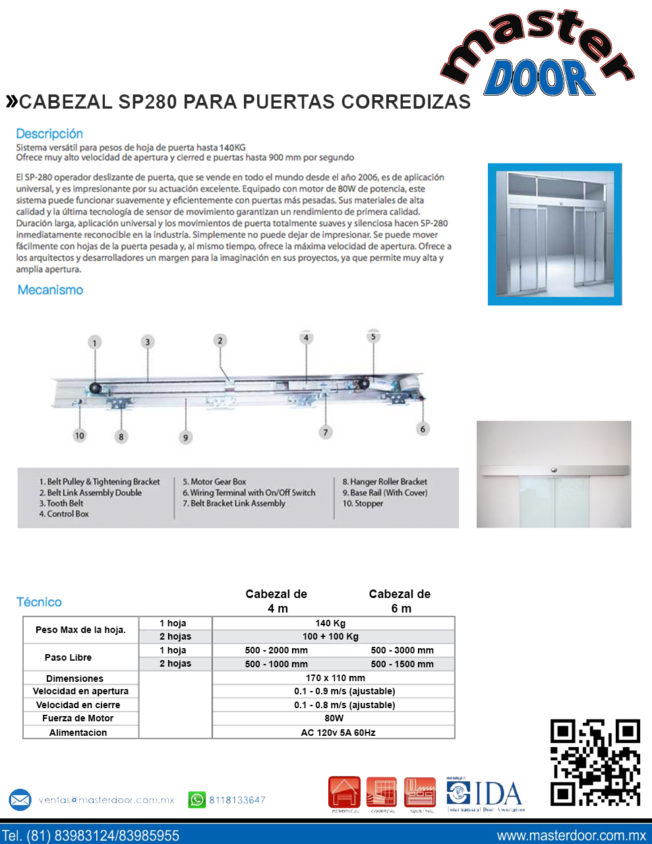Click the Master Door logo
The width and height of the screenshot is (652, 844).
click(537, 56)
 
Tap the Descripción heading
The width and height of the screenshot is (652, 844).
click(49, 134)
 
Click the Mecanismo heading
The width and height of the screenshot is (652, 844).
click(50, 290)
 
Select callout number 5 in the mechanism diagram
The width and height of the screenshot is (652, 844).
click(373, 337)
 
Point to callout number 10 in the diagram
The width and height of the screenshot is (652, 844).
click(80, 435)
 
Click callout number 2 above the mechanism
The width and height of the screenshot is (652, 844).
click(220, 340)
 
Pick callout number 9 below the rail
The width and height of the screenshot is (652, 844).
click(186, 437)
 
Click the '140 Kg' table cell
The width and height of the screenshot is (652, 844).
click(330, 623)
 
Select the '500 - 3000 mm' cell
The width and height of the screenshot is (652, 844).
click(402, 650)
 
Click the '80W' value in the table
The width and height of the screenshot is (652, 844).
click(334, 718)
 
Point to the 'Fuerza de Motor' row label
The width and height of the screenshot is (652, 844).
click(78, 718)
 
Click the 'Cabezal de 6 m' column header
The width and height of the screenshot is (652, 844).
click(400, 601)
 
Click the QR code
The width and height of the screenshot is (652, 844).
click(595, 762)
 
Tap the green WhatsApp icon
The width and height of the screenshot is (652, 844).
click(197, 800)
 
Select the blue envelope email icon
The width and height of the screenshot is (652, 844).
click(20, 800)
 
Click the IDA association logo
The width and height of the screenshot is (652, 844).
click(486, 795)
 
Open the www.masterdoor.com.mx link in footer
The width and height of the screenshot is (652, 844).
click(571, 835)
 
